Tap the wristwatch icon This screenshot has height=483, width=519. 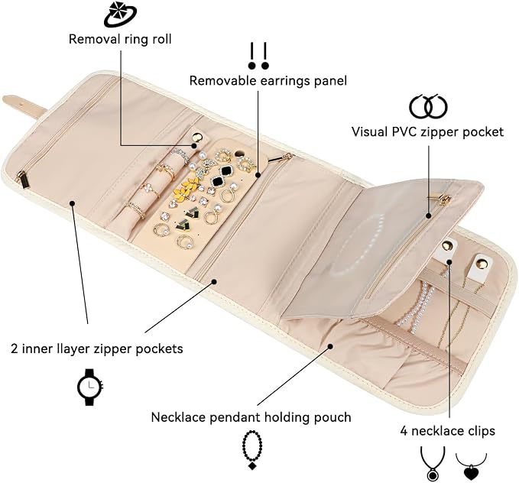tap(90, 387)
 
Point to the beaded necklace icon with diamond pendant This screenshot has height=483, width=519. tap(252, 450)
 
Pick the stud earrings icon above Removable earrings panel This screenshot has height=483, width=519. tap(258, 56)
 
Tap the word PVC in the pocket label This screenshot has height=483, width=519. tap(407, 131)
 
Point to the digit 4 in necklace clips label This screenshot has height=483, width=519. tap(404, 431)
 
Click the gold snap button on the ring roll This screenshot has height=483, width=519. tap(198, 137)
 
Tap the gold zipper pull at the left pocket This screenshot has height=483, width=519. tap(22, 179)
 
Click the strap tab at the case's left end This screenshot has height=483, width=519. tap(23, 105)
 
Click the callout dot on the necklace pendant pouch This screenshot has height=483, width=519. tap(330, 346)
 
